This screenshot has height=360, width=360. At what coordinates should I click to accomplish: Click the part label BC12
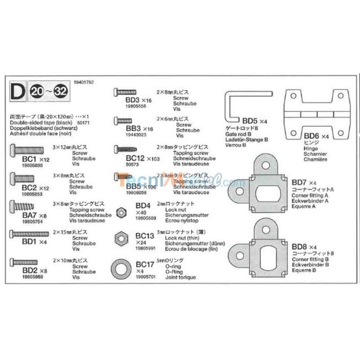coord(128,158)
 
